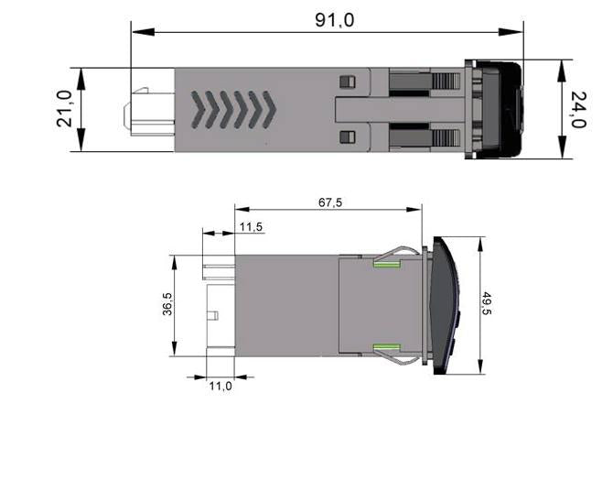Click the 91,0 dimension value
(x=334, y=19)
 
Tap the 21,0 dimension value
(x=64, y=108)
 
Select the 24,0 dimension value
(x=578, y=110)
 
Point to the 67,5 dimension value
(x=330, y=202)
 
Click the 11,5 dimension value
(x=251, y=226)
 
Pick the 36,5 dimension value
(x=167, y=304)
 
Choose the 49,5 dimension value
(x=487, y=303)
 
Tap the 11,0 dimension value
(x=220, y=386)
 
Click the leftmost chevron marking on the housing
(x=198, y=110)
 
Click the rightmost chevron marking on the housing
(x=270, y=110)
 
